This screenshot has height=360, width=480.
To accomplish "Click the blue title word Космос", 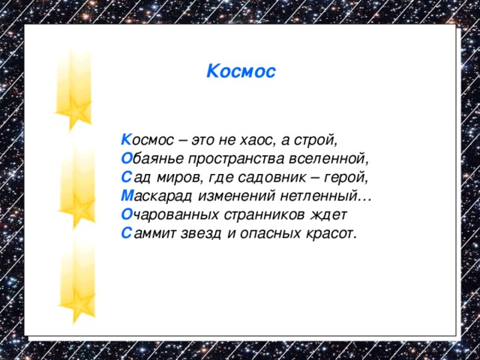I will point(241,72).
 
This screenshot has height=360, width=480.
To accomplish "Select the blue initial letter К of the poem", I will point(125,140).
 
